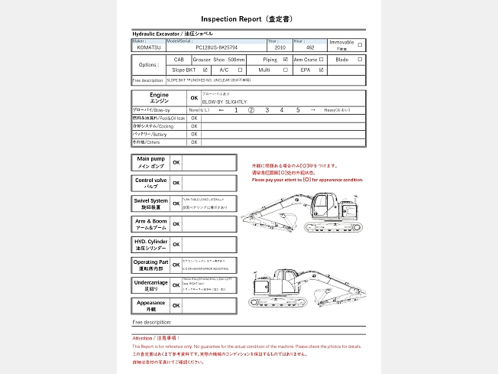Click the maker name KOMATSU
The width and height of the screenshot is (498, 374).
pos(149,47)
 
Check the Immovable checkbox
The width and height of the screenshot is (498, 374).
pos(361,44)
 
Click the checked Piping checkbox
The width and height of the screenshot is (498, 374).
pos(285,59)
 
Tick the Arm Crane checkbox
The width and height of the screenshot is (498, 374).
pos(322,59)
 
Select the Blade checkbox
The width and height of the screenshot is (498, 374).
pos(361,59)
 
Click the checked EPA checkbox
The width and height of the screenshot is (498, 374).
pos(322,70)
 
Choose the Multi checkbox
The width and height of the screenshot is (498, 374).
pos(285,70)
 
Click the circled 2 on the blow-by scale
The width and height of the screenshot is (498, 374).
pos(251,110)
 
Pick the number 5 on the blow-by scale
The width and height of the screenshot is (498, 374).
pos(298,110)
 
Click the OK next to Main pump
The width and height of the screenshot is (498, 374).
pos(176,163)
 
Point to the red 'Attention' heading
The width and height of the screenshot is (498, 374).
pos(156,337)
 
